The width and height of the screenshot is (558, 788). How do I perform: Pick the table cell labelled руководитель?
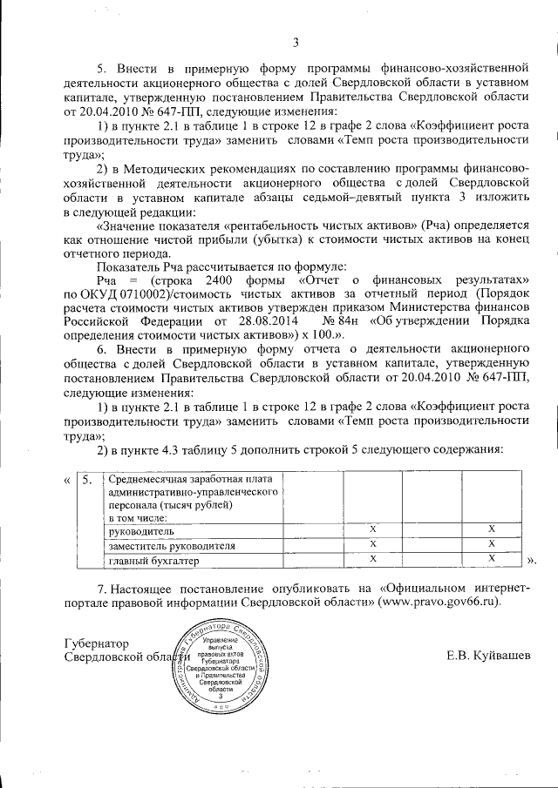[x=140, y=530]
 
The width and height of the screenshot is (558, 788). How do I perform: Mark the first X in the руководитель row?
[x=372, y=529]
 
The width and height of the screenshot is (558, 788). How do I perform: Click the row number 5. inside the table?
[x=86, y=480]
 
